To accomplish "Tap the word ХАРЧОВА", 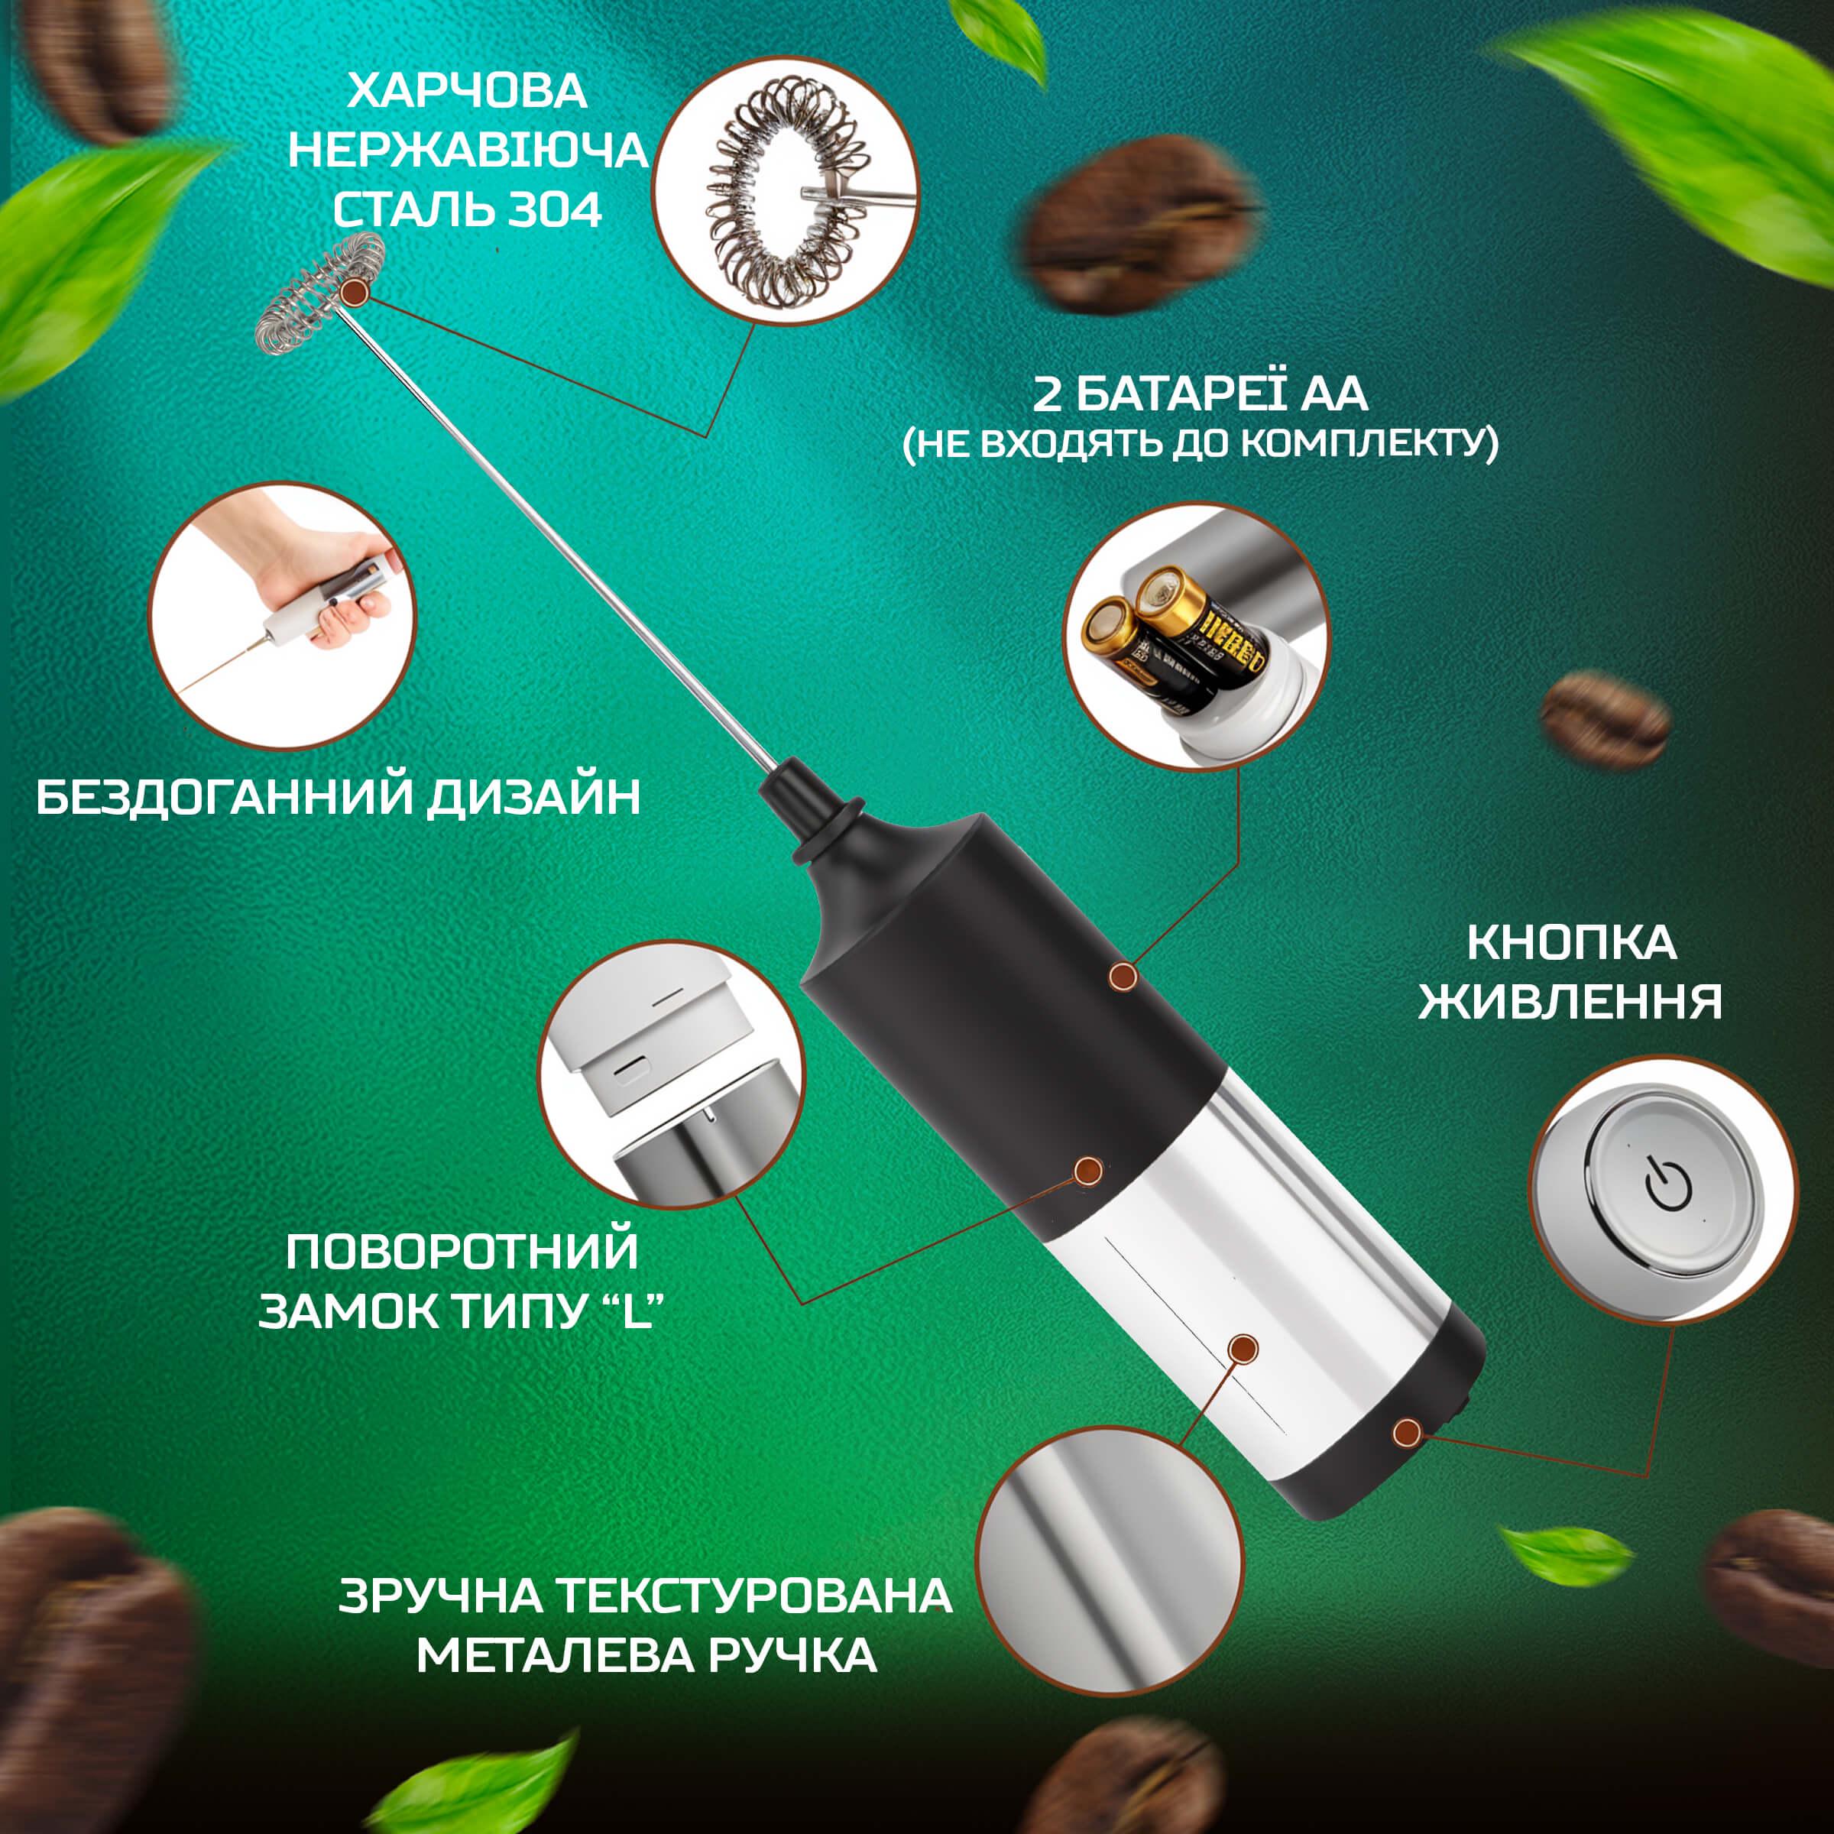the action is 467,92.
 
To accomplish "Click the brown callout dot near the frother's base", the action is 1408,1459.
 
